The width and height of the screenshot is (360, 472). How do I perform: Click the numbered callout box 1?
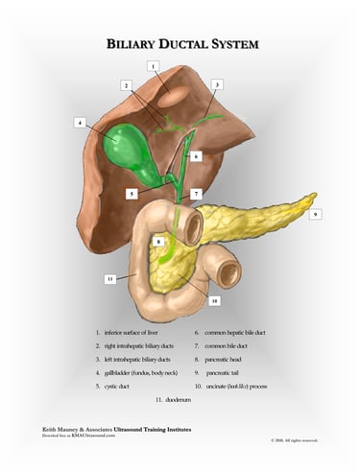[153, 66]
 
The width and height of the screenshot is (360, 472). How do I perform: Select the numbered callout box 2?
[126, 85]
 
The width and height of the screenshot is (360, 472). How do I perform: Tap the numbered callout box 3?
[218, 85]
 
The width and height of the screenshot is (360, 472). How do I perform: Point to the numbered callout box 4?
[79, 123]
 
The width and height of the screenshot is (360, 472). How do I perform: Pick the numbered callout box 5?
[132, 194]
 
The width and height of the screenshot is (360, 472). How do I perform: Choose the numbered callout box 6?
[195, 155]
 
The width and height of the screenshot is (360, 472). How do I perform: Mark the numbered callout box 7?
[196, 193]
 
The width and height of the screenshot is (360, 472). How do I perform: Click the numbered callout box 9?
[315, 215]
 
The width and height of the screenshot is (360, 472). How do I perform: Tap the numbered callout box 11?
[110, 279]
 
